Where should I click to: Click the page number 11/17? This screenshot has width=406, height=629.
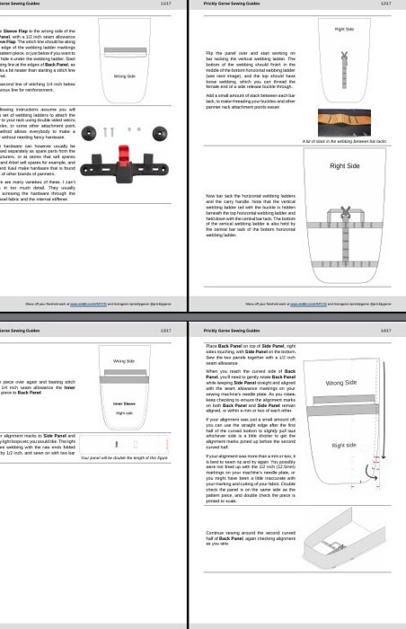tap(165, 4)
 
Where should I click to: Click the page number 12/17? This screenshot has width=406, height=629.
tap(385, 4)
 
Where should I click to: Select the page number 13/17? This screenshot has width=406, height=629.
tap(165, 331)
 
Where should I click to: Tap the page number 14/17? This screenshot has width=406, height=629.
tap(385, 331)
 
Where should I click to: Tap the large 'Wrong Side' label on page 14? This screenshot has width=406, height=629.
tap(343, 383)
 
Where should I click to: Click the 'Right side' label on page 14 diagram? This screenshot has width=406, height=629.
tap(344, 445)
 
